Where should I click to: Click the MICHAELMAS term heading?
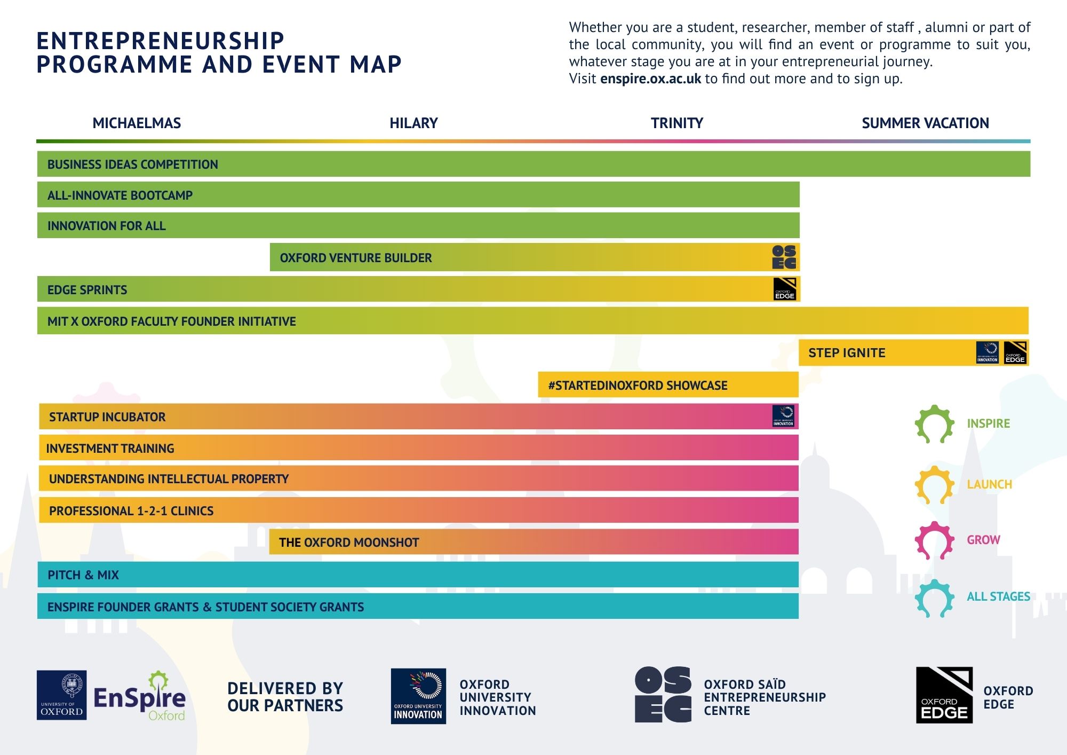point(137,123)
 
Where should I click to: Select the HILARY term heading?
point(413,123)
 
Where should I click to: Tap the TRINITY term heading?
point(676,123)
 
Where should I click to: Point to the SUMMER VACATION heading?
point(925,123)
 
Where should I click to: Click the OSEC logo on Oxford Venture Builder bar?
point(784,257)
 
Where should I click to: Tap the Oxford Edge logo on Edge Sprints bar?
point(785,289)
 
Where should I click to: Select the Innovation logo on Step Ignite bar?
point(987,353)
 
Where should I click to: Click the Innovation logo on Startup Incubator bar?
point(783,416)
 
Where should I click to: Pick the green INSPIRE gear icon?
point(934,424)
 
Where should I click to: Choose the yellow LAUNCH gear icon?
point(934,485)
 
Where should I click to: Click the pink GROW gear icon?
point(934,540)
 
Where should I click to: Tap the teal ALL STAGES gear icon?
point(934,598)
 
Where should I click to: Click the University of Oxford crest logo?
point(62,695)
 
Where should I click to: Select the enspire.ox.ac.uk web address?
point(650,79)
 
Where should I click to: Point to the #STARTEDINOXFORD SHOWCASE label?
point(638,386)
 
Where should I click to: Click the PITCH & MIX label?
point(83,575)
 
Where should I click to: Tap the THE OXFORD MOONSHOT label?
point(349,542)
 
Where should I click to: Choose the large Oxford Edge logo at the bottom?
point(944,695)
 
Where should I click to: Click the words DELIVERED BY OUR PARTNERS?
point(285,697)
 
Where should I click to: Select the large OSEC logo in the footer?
point(663,695)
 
